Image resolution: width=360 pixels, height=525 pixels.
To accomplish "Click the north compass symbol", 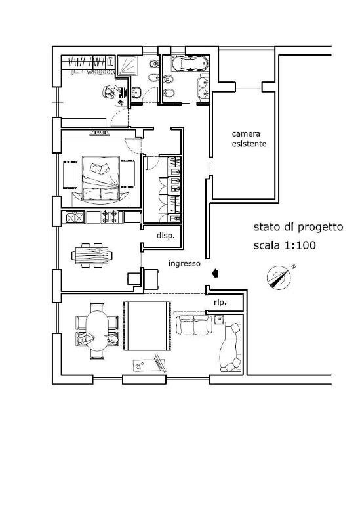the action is click(x=279, y=277).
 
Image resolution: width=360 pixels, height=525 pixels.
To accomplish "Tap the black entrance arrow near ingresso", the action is click(x=215, y=274).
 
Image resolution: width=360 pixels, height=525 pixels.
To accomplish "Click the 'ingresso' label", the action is click(x=184, y=264).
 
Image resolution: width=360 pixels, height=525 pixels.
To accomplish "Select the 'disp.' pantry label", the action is click(x=166, y=236).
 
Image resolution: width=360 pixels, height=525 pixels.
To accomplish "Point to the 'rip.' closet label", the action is click(x=220, y=302).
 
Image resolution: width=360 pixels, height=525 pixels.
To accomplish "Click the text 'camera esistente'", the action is click(x=249, y=138).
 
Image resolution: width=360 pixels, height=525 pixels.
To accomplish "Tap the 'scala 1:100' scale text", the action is click(x=285, y=245).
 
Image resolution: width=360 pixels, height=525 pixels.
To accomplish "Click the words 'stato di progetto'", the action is click(x=298, y=227).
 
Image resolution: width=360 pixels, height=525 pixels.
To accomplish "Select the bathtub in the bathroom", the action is click(x=190, y=63).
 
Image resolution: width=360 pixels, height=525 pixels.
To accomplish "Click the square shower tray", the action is click(x=127, y=64).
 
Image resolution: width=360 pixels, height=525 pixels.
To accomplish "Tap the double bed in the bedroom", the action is click(x=101, y=178).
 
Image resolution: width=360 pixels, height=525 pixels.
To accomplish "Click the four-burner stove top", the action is click(x=110, y=217).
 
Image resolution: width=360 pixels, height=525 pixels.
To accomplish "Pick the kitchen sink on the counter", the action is click(x=75, y=217).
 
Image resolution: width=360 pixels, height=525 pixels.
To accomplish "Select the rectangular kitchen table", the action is click(x=92, y=255).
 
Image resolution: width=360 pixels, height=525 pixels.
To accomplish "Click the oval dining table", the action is click(x=97, y=331).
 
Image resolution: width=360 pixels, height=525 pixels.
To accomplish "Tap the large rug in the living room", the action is click(x=147, y=325).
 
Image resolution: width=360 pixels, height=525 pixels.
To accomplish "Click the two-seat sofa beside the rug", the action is click(x=193, y=325).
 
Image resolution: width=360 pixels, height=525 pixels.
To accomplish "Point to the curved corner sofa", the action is click(x=231, y=347).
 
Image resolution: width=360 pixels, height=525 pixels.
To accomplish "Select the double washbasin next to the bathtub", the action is click(x=203, y=88).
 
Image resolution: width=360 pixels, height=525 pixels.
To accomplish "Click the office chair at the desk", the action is click(x=109, y=92).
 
